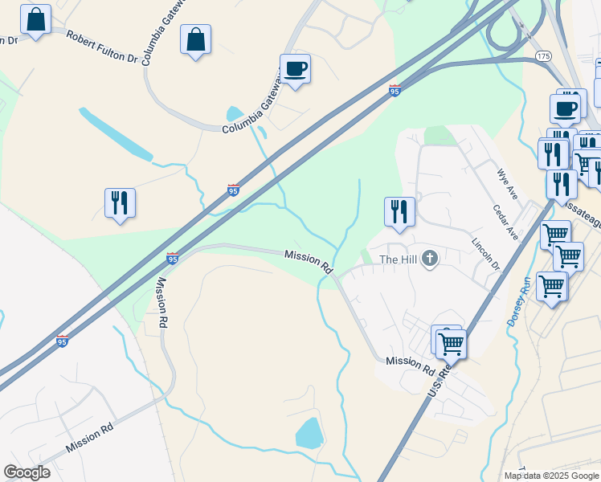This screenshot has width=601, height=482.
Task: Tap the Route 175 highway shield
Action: pyautogui.click(x=543, y=55)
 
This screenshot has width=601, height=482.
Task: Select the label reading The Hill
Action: pyautogui.click(x=398, y=259)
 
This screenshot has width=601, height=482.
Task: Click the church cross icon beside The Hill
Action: pyautogui.click(x=430, y=259)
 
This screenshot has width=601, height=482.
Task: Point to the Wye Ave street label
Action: pyautogui.click(x=507, y=183)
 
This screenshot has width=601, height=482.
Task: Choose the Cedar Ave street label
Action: pyautogui.click(x=505, y=221)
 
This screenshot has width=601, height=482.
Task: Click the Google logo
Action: pyautogui.click(x=27, y=472)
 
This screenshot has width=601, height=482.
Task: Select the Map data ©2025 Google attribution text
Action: pyautogui.click(x=551, y=476)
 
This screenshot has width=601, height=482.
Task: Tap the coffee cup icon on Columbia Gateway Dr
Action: pyautogui.click(x=295, y=69)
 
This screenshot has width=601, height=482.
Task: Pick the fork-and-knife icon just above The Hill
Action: pyautogui.click(x=399, y=212)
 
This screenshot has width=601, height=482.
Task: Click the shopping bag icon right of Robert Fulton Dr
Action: pyautogui.click(x=196, y=39)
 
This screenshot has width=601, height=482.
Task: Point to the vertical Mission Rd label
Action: pyautogui.click(x=162, y=302)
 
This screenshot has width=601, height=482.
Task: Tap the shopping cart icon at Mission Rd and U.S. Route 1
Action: pyautogui.click(x=451, y=344)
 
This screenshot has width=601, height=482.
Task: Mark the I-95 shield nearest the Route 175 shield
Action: pyautogui.click(x=395, y=91)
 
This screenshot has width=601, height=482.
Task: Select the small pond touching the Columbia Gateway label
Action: pyautogui.click(x=235, y=115)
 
